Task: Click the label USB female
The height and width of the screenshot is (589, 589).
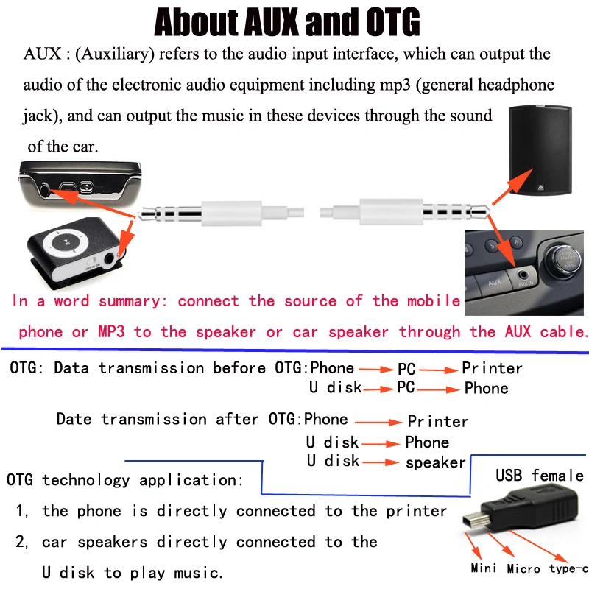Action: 539,476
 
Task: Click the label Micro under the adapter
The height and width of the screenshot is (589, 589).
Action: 524,568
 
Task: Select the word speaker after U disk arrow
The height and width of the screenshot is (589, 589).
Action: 436,463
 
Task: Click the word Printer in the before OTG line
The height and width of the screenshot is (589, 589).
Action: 492,368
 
